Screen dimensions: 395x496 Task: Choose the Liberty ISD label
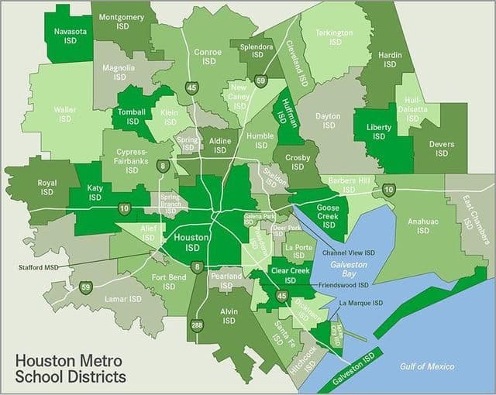pos(378,132)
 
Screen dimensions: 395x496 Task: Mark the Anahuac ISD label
pos(422,225)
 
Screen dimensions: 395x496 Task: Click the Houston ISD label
pos(188,242)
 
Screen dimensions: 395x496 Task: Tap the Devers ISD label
pos(441,148)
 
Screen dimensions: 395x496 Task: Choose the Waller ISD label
pos(64,114)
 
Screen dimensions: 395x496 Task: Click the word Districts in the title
pos(91,377)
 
